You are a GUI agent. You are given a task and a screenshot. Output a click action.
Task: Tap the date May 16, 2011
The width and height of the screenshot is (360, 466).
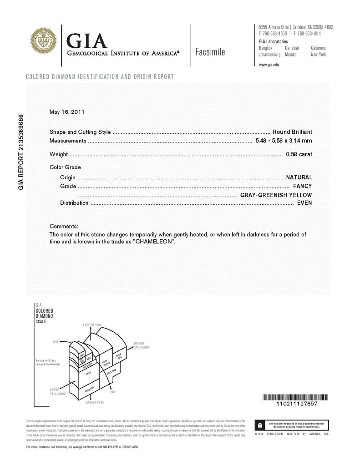click(x=66, y=111)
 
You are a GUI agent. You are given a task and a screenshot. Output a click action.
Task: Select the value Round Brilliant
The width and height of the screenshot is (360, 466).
click(x=292, y=132)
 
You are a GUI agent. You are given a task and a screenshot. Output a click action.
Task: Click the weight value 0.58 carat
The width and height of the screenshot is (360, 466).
click(x=299, y=155)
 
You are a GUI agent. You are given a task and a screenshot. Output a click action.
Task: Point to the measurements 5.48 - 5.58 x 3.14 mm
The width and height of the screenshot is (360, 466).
click(x=284, y=141)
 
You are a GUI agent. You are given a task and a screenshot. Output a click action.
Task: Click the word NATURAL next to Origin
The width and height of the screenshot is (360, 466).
click(x=299, y=177)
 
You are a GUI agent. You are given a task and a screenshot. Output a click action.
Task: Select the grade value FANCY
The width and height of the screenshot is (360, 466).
click(x=302, y=186)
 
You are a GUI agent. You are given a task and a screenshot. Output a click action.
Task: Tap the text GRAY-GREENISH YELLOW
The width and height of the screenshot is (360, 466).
click(x=276, y=195)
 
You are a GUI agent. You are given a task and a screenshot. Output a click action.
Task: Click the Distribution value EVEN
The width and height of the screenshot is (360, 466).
click(x=304, y=203)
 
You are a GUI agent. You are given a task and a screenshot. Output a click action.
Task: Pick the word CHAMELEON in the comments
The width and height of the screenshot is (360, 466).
click(x=154, y=241)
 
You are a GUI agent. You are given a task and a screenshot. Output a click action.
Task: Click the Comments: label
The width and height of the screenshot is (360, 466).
click(x=64, y=226)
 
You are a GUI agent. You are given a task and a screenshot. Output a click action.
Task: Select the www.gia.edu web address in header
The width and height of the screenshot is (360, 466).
click(x=269, y=65)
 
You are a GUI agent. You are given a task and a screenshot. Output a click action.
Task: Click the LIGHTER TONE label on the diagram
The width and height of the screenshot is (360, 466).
click(x=92, y=325)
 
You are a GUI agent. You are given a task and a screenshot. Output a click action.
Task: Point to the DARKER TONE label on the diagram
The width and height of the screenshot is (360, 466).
click(x=94, y=402)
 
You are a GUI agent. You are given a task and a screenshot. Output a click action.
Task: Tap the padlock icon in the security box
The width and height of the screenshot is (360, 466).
click(x=259, y=425)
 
